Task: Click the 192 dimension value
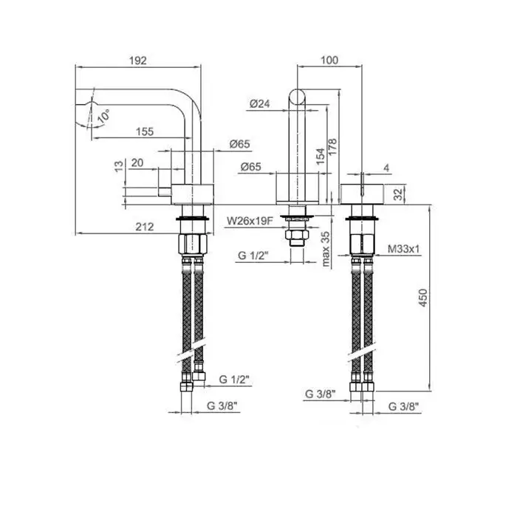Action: [x=138, y=61]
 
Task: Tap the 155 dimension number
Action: [x=145, y=131]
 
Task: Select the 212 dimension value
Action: [x=145, y=227]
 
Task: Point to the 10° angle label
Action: [x=104, y=116]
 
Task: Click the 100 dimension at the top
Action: [x=329, y=60]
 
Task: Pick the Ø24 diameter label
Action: [x=260, y=104]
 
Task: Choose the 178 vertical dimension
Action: [x=332, y=147]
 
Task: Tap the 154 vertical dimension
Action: [x=321, y=157]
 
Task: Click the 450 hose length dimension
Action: [x=423, y=298]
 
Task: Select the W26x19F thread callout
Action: [x=250, y=221]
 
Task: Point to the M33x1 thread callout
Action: [x=403, y=249]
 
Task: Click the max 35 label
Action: [x=326, y=249]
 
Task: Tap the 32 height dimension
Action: [x=399, y=194]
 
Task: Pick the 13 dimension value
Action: [x=119, y=165]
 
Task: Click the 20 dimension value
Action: [x=137, y=163]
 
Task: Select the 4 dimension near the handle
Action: [x=386, y=168]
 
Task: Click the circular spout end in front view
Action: [x=297, y=97]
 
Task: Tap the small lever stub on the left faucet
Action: [x=165, y=191]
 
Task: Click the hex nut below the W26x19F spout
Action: [x=297, y=235]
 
